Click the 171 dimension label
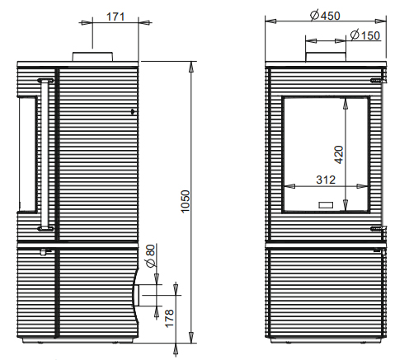(x=115, y=16)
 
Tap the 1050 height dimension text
(x=186, y=201)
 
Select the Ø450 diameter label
(x=325, y=16)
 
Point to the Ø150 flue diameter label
(x=365, y=35)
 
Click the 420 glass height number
(x=339, y=155)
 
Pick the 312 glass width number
(x=326, y=180)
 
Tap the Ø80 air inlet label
(x=151, y=255)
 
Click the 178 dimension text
(x=169, y=318)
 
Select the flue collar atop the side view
(x=92, y=57)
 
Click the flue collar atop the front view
(x=326, y=57)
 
